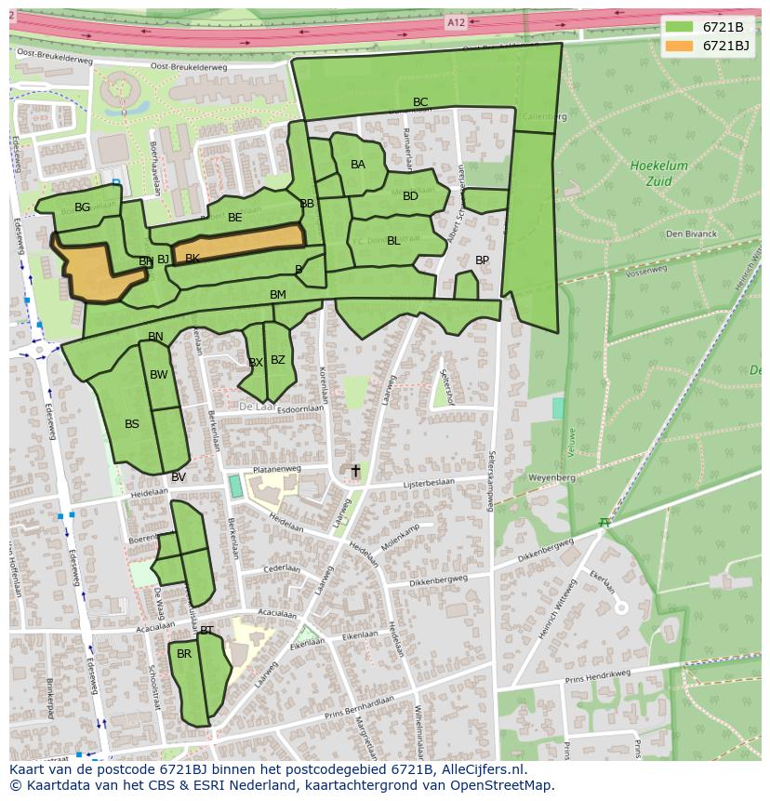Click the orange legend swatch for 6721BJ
[680, 46]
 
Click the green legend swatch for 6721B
[680, 27]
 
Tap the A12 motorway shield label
[455, 22]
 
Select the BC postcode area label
[420, 102]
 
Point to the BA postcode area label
[358, 165]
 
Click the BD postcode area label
[410, 196]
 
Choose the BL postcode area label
[393, 241]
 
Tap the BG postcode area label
[83, 207]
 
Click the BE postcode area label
[235, 218]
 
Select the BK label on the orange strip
[192, 259]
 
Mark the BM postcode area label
[278, 295]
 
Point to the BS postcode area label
[132, 424]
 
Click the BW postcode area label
[159, 375]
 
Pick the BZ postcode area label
[278, 360]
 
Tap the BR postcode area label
[184, 654]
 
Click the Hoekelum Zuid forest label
[658, 172]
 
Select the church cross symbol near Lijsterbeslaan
[354, 472]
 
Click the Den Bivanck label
[691, 234]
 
